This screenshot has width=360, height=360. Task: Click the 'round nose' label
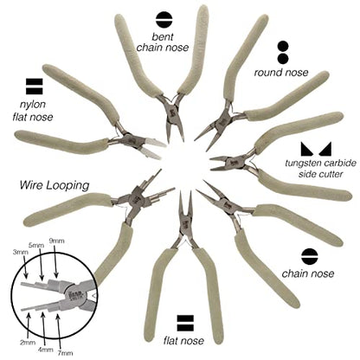(x=281, y=73)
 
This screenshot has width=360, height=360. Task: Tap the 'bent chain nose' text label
(x=163, y=42)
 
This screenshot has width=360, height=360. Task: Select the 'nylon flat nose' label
(x=33, y=111)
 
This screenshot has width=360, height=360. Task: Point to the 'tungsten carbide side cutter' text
(x=320, y=169)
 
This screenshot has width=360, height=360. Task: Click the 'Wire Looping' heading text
(x=55, y=185)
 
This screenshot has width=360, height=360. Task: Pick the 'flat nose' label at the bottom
(x=183, y=341)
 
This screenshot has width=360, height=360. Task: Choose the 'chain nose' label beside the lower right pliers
(x=308, y=273)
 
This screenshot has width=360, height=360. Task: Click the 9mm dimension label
(x=56, y=241)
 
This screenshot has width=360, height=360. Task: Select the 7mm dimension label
(x=65, y=352)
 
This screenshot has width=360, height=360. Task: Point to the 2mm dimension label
(x=28, y=343)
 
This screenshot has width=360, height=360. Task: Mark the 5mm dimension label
(x=36, y=245)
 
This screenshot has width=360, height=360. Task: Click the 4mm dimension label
(x=46, y=350)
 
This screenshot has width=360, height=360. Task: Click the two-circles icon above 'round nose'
(x=283, y=53)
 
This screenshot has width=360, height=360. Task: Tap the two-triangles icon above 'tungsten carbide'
(x=316, y=149)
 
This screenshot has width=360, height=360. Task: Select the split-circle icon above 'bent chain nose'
(x=164, y=20)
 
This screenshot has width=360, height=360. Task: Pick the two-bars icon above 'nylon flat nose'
(x=35, y=86)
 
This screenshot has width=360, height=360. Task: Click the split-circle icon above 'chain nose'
(x=310, y=256)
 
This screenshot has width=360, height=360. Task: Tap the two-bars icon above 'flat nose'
(x=185, y=323)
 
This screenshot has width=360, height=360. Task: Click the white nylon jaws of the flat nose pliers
(x=153, y=147)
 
